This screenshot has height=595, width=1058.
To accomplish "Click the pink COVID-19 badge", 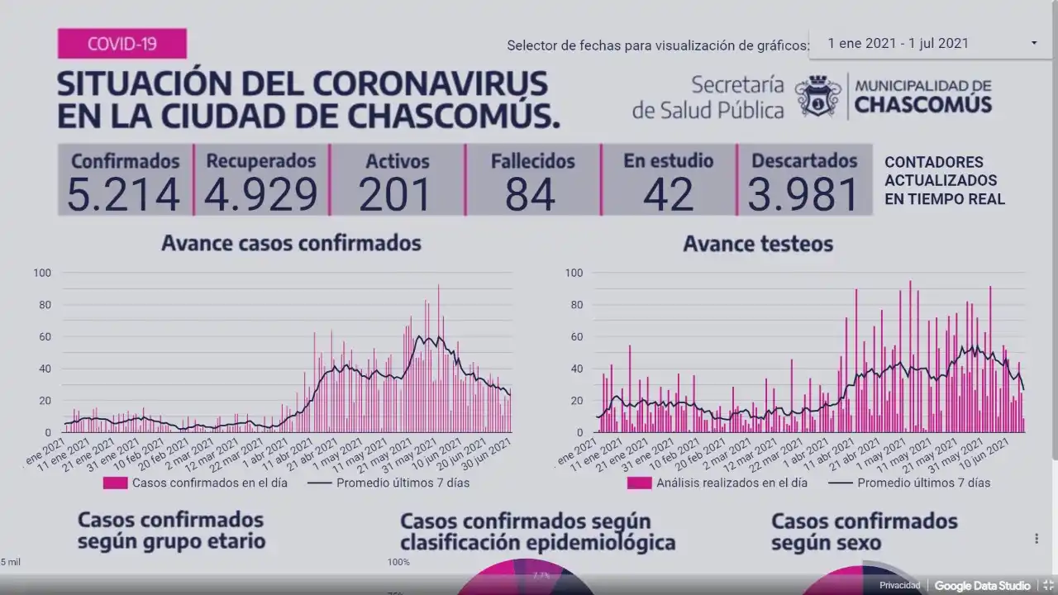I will click(x=122, y=43).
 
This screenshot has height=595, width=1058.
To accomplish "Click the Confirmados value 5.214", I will click(x=123, y=194).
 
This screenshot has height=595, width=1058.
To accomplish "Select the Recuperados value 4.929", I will click(x=260, y=194).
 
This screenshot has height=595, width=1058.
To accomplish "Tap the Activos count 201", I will click(x=397, y=194).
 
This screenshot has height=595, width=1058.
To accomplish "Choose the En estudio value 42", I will click(x=668, y=194).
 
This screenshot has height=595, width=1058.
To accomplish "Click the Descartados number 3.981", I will click(x=803, y=194).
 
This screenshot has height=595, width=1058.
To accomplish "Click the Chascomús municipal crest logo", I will click(x=817, y=96).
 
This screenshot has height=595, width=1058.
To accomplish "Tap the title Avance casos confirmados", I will click(x=291, y=243).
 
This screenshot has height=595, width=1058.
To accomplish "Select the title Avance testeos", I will click(x=758, y=244).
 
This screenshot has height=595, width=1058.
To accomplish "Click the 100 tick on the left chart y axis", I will click(x=42, y=273).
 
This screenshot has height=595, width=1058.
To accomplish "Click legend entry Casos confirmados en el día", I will click(x=209, y=483).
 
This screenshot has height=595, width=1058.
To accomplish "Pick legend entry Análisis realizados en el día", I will click(x=730, y=483).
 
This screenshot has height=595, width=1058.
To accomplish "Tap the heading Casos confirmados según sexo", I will click(x=864, y=531).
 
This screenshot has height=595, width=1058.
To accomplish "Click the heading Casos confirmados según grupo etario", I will click(x=171, y=531).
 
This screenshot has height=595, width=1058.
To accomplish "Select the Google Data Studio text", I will click(x=982, y=586).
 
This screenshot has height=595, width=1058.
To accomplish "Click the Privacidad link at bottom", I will click(x=899, y=586).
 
